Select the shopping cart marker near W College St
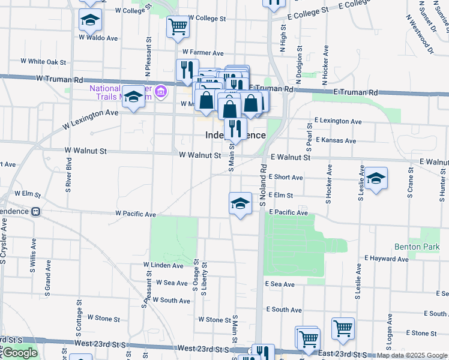point(178,26)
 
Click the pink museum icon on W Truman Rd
point(160,92)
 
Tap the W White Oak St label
point(43,61)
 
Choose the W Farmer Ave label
point(203,53)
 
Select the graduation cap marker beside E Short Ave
point(376,178)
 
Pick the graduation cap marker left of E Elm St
point(240,203)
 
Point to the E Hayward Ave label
point(386,259)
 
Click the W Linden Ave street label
point(163,265)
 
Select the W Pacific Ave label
point(136,214)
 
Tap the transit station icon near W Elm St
point(36,211)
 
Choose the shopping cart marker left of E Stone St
point(343,328)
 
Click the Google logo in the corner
point(20,353)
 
